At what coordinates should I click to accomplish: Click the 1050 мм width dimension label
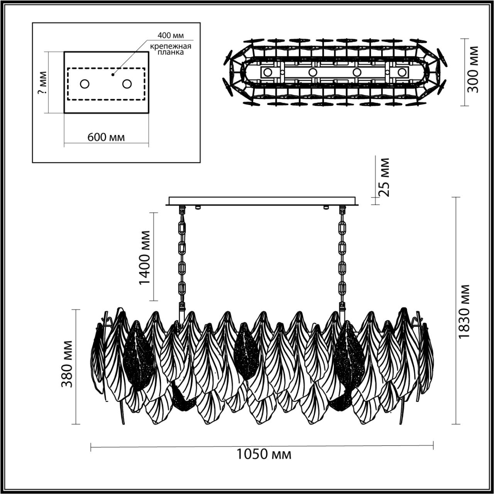264,454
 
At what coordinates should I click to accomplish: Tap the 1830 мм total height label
465,312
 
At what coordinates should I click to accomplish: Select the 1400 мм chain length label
145,257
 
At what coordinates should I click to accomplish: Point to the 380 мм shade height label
67,364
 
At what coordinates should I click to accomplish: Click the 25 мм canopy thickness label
384,177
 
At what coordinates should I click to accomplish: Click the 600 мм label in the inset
106,137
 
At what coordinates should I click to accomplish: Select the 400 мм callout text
170,36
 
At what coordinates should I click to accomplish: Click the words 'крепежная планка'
171,49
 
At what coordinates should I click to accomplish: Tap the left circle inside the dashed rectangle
85,83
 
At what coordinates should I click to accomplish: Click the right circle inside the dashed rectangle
127,83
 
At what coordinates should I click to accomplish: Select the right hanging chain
342,257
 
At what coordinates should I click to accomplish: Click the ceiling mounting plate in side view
262,201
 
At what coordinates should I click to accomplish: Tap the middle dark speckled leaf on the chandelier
245,350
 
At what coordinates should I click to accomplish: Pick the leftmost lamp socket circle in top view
267,72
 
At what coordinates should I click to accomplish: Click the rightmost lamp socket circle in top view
402,72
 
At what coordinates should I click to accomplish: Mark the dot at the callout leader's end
113,74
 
